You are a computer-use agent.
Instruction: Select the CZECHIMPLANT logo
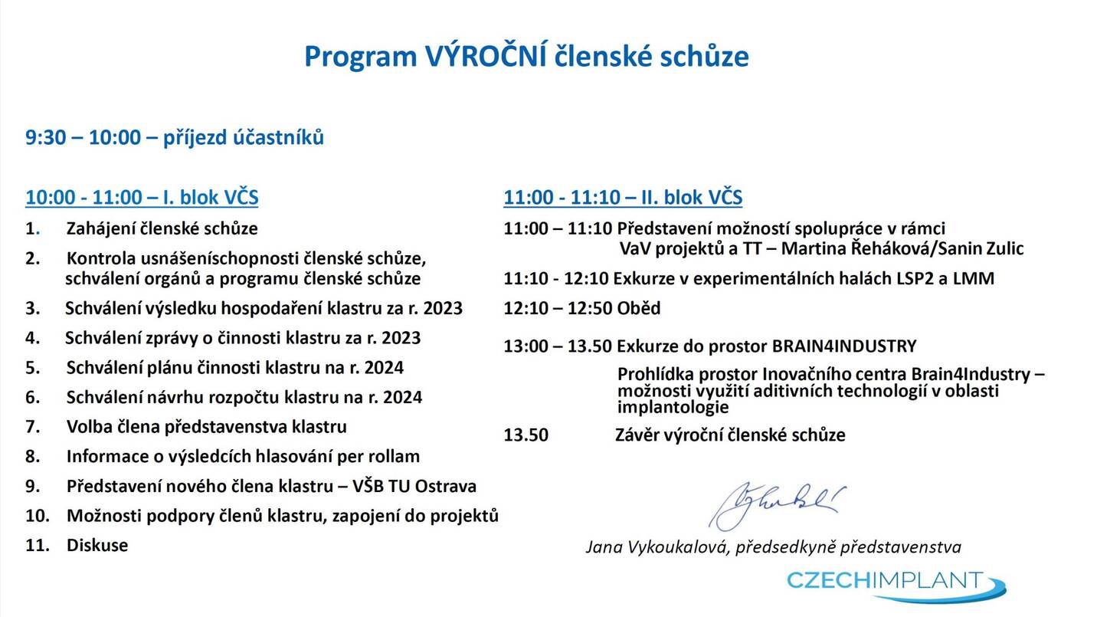[x=896, y=586]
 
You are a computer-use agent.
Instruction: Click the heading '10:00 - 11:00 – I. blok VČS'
[x=142, y=197]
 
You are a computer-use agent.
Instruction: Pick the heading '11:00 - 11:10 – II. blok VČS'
[x=623, y=197]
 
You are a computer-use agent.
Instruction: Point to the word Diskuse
[x=97, y=545]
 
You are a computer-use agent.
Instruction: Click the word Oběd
[x=639, y=308]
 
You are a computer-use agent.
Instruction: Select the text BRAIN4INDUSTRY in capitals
[x=844, y=346]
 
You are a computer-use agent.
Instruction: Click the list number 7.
[x=32, y=426]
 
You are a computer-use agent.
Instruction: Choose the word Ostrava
[x=446, y=486]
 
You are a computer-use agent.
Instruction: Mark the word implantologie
[x=673, y=407]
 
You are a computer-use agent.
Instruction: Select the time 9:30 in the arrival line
[x=45, y=137]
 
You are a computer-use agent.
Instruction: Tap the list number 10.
[x=38, y=516]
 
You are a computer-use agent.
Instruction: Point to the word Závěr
[x=636, y=435]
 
